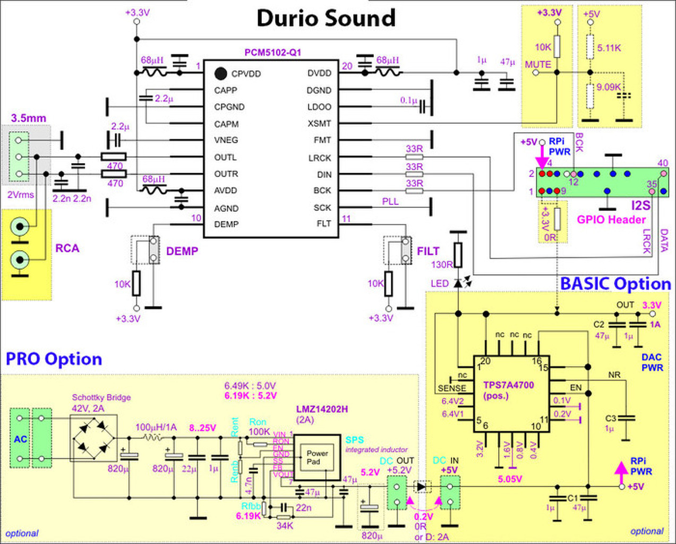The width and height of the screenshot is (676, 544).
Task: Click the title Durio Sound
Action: point(326,18)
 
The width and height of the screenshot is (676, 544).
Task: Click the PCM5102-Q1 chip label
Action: point(272,53)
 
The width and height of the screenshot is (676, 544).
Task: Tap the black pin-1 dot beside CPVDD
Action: point(221,73)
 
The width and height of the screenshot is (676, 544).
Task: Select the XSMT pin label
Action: point(319,123)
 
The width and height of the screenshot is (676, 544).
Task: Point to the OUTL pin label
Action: point(225,157)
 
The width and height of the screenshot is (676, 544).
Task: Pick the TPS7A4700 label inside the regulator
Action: point(508,385)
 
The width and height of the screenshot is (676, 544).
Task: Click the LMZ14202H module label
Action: point(322,409)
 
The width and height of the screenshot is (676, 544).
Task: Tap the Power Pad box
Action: point(317,457)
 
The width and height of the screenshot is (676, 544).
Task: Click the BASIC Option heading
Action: point(615,284)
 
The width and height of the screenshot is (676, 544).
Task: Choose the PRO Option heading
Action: point(54,359)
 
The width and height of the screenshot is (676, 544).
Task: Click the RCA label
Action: point(67,248)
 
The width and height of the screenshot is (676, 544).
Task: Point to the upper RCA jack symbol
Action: point(20,227)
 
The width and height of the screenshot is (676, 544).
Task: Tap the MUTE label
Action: point(538,64)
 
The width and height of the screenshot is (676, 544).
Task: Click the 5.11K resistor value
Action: point(609,48)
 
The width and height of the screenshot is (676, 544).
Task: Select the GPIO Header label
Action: point(611,219)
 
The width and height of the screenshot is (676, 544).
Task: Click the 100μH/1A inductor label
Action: point(157,427)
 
